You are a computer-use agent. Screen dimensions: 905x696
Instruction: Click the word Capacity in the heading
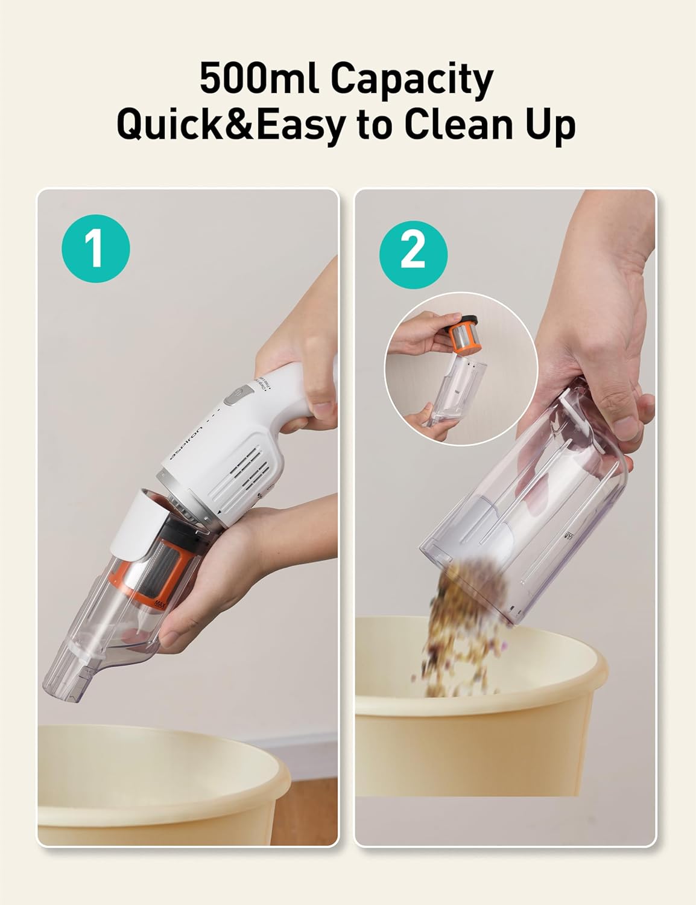[413, 81]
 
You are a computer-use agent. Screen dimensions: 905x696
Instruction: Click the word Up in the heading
[549, 125]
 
